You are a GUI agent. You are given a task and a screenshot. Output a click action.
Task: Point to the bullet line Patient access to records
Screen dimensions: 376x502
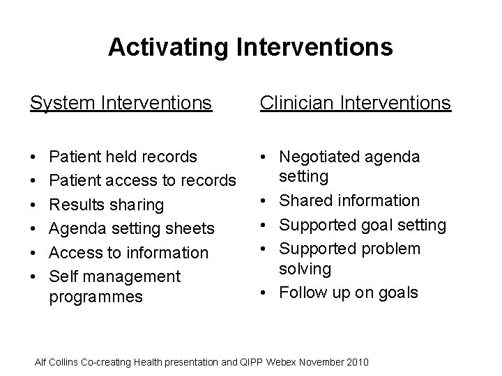point(143,181)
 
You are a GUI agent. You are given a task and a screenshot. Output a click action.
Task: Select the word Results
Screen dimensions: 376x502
point(78,205)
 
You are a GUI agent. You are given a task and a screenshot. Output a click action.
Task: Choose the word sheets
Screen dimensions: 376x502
point(188,228)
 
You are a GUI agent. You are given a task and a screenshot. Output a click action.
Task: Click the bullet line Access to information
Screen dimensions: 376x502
point(129,252)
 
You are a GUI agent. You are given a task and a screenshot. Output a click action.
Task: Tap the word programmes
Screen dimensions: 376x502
point(96,297)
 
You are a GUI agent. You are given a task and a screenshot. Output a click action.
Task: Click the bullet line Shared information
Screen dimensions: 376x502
point(349,201)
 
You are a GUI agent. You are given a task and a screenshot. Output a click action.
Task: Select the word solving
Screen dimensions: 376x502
point(306,268)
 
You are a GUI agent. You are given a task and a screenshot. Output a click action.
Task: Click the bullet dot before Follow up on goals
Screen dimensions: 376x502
point(267,292)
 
